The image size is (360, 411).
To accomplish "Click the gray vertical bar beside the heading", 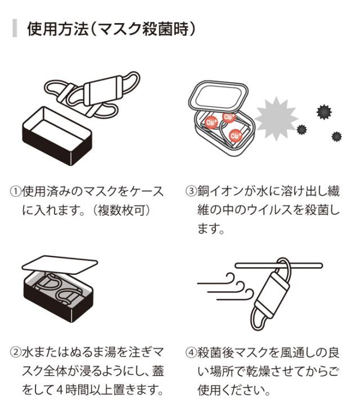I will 14,29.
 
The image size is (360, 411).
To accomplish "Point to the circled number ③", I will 191,192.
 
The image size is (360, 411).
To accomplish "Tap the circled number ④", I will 191,353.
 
